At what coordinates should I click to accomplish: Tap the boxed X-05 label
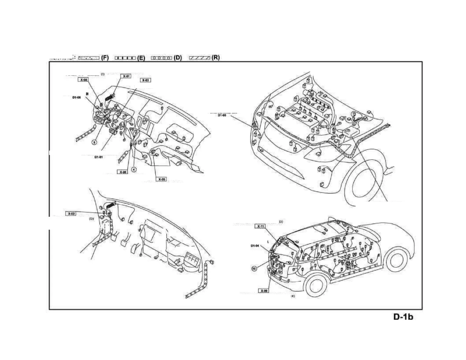click(x=162, y=179)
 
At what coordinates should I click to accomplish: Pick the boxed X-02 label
click(x=71, y=214)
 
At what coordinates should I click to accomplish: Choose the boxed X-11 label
click(x=260, y=226)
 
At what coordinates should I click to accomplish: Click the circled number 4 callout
click(x=134, y=169)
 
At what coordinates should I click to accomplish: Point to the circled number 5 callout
click(x=94, y=142)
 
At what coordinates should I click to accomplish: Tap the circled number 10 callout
click(x=254, y=268)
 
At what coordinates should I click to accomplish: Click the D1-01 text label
click(x=99, y=157)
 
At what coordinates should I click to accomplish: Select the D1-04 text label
click(x=255, y=246)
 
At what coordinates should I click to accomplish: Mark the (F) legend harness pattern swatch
click(x=89, y=58)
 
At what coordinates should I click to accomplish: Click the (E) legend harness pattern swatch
click(x=125, y=58)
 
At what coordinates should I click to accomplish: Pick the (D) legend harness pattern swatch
click(x=161, y=58)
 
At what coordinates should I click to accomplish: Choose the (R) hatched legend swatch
click(x=199, y=58)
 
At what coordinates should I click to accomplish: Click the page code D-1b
click(x=403, y=317)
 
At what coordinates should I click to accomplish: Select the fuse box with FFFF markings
click(x=192, y=259)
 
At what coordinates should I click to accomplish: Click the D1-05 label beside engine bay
click(x=222, y=115)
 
